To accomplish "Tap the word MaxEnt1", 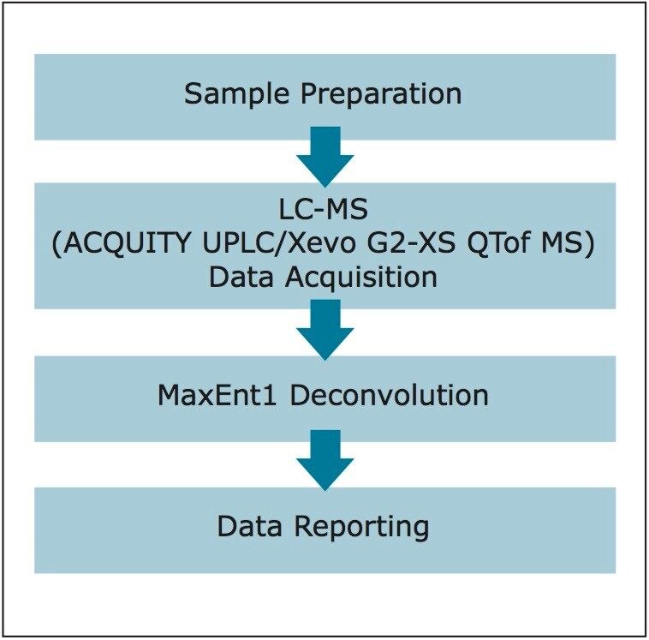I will click(x=209, y=396).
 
